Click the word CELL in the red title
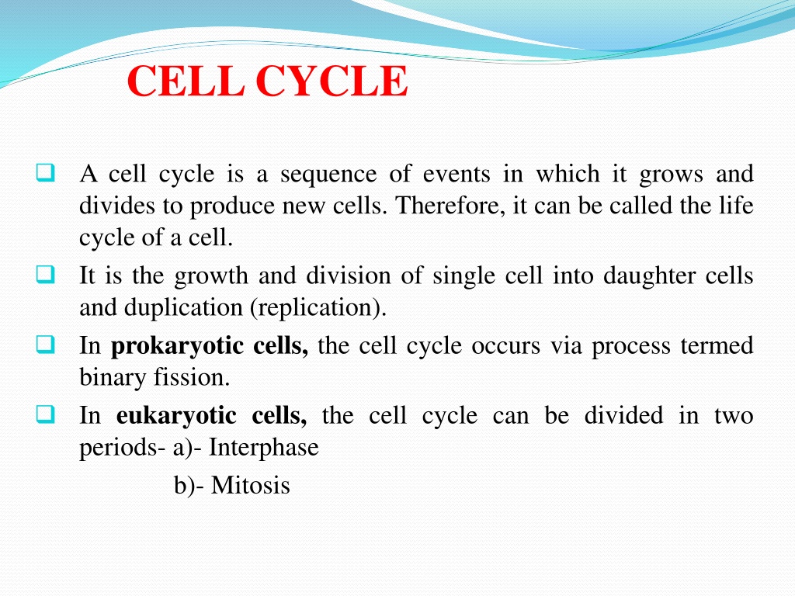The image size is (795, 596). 186,81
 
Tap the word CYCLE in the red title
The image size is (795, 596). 332,81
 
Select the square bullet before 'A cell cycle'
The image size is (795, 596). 45,172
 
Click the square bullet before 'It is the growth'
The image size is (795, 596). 45,274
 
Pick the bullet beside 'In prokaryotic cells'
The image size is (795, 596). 45,344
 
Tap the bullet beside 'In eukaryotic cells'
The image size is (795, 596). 45,414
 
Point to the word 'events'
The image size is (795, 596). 457,174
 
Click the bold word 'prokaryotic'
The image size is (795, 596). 177,347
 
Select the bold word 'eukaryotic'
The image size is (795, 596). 176,417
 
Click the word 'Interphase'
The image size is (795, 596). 264,448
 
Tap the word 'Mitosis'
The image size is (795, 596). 251,485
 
